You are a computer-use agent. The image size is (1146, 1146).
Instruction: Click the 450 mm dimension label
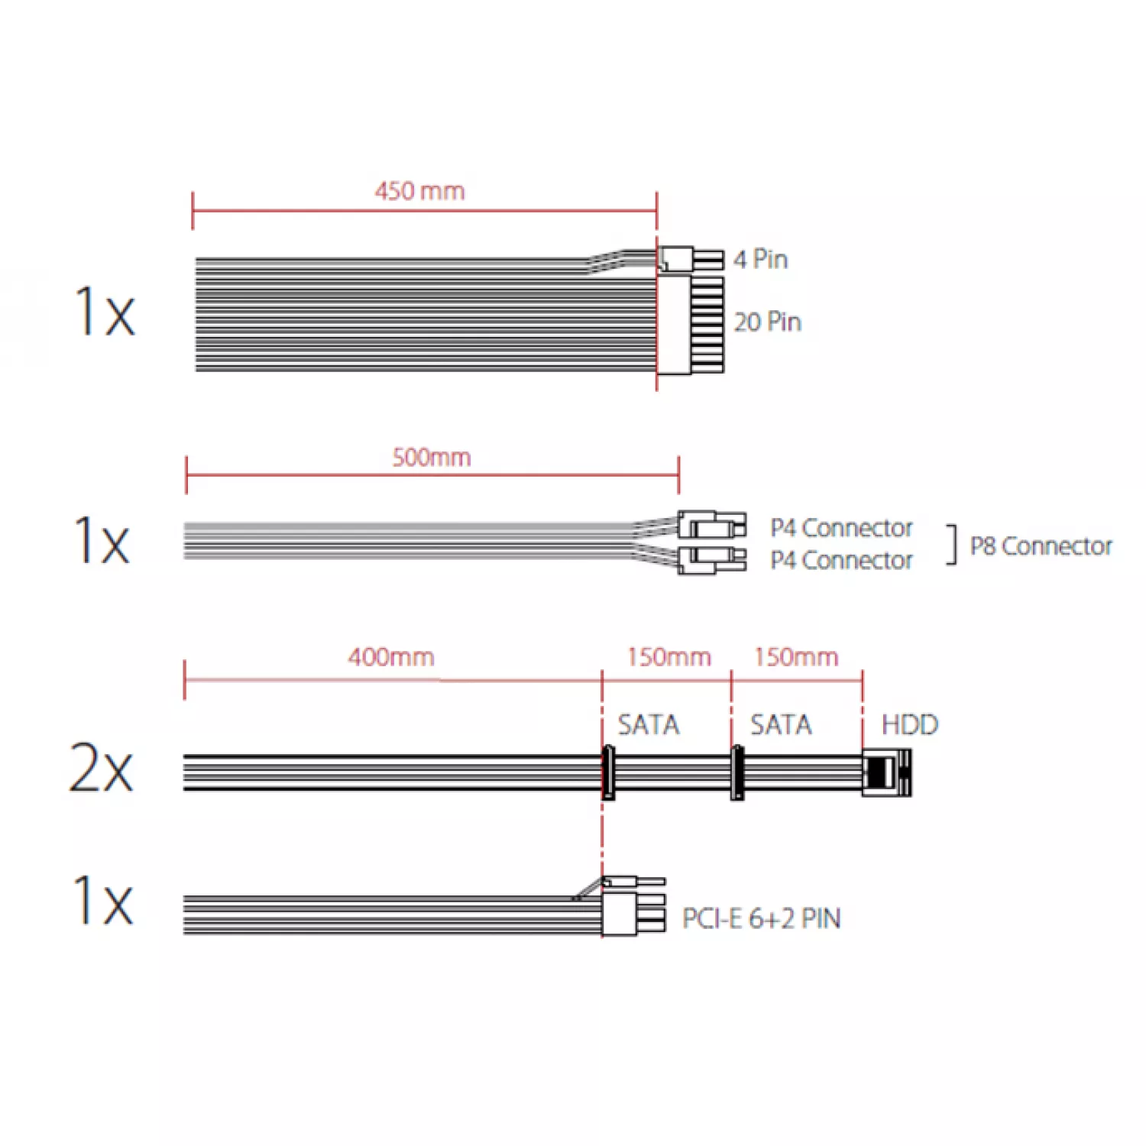pyautogui.click(x=419, y=191)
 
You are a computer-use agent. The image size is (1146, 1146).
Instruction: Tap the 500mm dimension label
pyautogui.click(x=432, y=458)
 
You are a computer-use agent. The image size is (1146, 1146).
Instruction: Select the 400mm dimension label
pyautogui.click(x=391, y=657)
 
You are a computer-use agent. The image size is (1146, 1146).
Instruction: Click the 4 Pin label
pyautogui.click(x=761, y=259)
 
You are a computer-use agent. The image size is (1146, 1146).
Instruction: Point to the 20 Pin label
pyautogui.click(x=768, y=322)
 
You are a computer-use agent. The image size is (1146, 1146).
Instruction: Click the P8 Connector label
pyautogui.click(x=1041, y=546)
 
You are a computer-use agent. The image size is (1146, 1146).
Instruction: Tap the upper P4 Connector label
pyautogui.click(x=841, y=528)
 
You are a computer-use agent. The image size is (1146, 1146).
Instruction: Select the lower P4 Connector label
pyautogui.click(x=841, y=561)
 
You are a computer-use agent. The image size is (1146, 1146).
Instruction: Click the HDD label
pyautogui.click(x=910, y=724)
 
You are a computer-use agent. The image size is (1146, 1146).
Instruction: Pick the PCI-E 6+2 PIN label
pyautogui.click(x=762, y=918)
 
